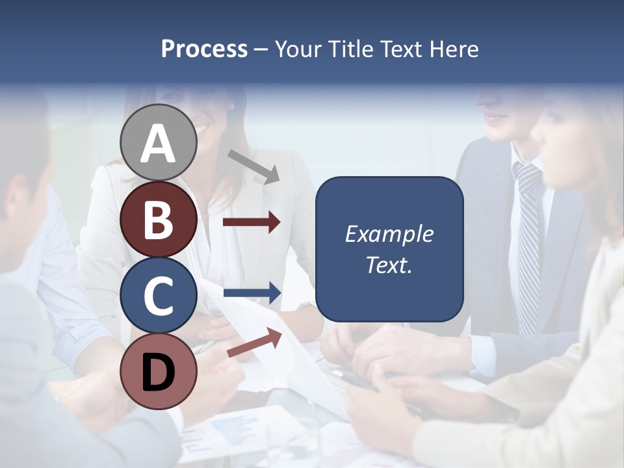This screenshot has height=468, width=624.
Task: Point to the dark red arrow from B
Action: [252, 222]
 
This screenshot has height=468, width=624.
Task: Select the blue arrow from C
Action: [252, 293]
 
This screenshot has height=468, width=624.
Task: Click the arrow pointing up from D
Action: [254, 343]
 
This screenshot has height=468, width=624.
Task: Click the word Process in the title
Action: [204, 49]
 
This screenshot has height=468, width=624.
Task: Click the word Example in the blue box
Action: [389, 234]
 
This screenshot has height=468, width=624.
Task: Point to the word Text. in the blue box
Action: [389, 265]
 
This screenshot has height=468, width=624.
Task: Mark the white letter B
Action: [159, 220]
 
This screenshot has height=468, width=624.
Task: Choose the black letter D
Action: [159, 372]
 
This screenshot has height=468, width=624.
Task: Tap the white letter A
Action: [159, 143]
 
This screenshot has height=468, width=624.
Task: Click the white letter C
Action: [159, 296]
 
